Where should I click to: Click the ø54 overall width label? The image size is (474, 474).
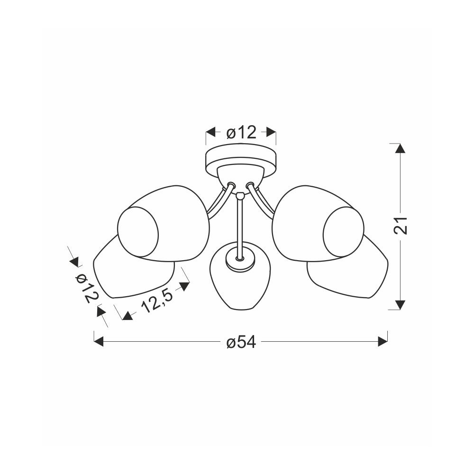point(241,342)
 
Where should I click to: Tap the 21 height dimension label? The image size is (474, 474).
point(401,226)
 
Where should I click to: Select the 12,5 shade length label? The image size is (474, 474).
point(157,301)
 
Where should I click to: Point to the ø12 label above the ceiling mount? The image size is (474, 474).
point(241,132)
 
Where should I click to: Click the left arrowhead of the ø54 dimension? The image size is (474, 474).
point(99,342)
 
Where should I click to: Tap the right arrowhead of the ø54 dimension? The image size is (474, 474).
point(383,342)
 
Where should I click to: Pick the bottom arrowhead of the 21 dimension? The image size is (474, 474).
point(401,305)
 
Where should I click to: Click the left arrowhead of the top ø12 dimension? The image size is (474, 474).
point(211,132)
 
